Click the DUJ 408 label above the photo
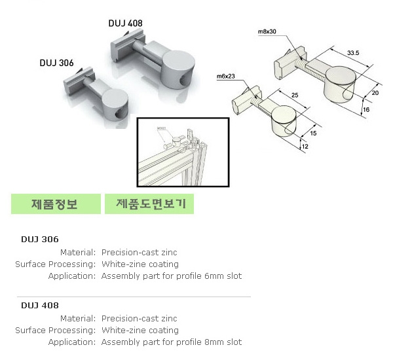[125, 24]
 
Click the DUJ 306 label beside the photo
[56, 63]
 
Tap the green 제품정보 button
[55, 204]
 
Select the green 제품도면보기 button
[150, 204]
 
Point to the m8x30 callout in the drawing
[267, 31]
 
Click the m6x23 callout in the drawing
[225, 77]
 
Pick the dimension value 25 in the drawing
[295, 96]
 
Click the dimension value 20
[376, 93]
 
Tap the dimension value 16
[366, 110]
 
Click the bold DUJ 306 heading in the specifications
[40, 239]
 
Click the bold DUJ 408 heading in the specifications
[40, 305]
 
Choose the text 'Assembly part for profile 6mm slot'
[172, 276]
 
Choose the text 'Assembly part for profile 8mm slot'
[172, 342]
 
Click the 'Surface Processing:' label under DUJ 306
[56, 264]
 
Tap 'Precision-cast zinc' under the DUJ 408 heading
[140, 319]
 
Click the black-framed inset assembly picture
[182, 152]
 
